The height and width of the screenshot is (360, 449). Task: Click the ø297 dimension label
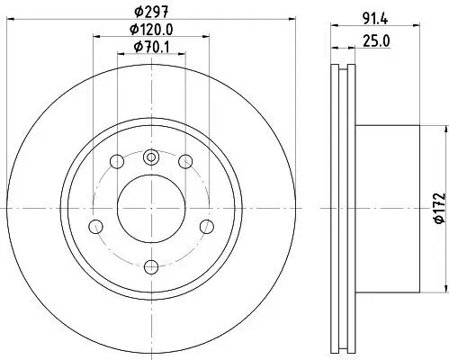click(152, 12)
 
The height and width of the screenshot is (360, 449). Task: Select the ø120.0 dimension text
click(152, 30)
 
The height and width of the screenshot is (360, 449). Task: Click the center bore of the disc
click(151, 209)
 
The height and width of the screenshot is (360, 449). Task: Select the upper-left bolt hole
click(117, 162)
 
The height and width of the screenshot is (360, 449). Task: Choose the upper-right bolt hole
click(185, 162)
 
